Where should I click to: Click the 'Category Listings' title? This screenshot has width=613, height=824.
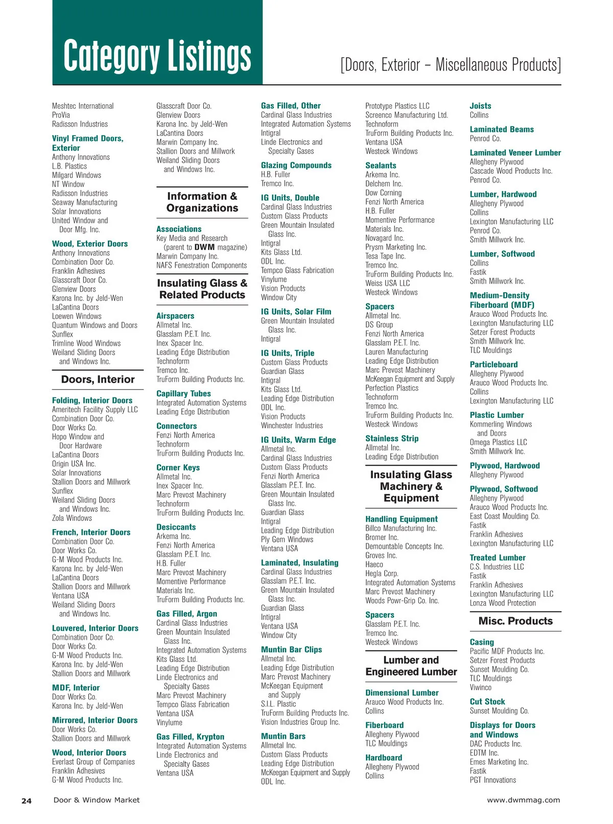coord(157,55)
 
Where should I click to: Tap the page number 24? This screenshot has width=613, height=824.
coord(27,801)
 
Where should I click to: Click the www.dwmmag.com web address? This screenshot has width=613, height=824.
coord(523,800)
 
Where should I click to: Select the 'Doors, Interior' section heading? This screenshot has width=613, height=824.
coord(98,380)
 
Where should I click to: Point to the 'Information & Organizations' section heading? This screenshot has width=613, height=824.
coord(202,202)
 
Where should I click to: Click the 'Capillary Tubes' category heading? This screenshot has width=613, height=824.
coord(183,394)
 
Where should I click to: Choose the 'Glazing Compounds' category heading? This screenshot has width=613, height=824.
coord(296,166)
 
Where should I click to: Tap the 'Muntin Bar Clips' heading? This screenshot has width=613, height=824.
coord(291,650)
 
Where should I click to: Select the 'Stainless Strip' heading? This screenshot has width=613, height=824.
coord(392,439)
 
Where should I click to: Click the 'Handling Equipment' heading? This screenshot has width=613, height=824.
coord(402,519)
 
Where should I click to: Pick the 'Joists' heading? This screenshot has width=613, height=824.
coord(480,106)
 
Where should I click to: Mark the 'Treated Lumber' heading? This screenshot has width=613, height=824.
coord(498,558)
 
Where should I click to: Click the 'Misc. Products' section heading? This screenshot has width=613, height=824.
coord(515,621)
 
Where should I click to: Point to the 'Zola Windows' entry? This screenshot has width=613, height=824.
coord(72,518)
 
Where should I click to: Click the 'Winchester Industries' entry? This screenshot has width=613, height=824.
coord(292,426)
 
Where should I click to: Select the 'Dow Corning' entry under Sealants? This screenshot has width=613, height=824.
coord(383,193)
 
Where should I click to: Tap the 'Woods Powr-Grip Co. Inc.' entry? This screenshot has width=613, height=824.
coord(402,601)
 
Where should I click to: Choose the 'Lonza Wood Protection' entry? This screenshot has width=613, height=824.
coord(503,603)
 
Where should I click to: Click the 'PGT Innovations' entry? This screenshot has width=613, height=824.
coord(492,780)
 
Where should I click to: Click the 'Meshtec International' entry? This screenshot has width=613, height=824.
coord(83,106)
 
